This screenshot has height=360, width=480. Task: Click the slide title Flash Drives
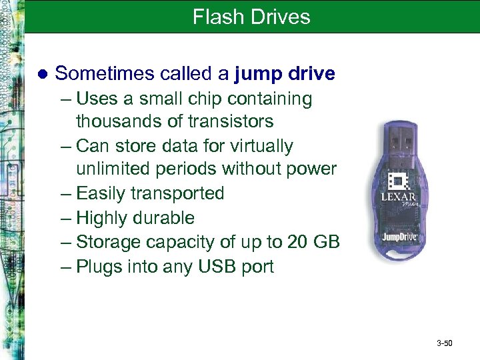(x=251, y=17)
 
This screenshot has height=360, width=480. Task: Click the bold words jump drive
(x=285, y=73)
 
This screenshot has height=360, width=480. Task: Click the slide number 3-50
(x=444, y=343)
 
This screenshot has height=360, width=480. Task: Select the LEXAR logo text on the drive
(x=399, y=197)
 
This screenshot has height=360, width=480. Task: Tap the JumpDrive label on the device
(x=400, y=237)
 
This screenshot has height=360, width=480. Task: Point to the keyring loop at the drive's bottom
(x=402, y=257)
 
